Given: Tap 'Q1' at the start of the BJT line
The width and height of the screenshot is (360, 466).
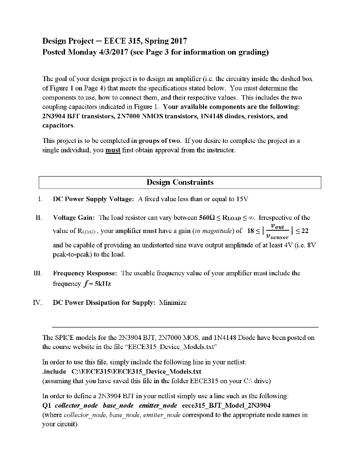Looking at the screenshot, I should [46, 405].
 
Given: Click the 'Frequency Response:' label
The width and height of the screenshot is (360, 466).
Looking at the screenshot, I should [85, 274].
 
